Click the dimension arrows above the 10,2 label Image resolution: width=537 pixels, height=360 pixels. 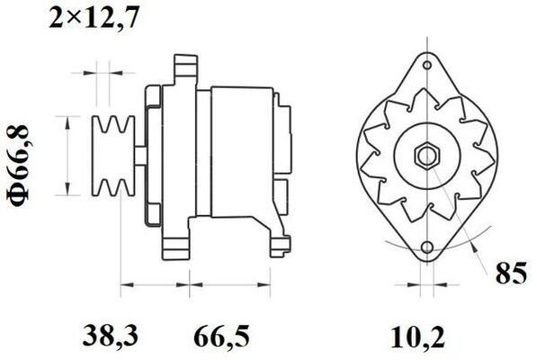coord(424,289)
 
